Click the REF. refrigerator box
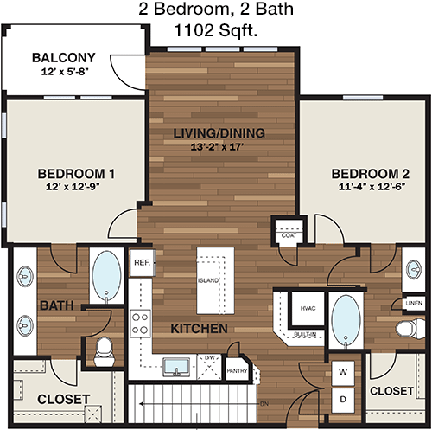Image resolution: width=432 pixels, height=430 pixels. click(x=143, y=262)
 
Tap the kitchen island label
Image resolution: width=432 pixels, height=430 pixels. click(x=208, y=280)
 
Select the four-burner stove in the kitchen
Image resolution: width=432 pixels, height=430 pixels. click(x=140, y=324)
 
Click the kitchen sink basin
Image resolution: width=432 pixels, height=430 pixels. click(x=176, y=367)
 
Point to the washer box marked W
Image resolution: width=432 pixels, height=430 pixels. click(x=343, y=373)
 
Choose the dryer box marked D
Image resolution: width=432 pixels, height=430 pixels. click(x=343, y=400)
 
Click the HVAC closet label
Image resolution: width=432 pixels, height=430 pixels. click(x=308, y=308)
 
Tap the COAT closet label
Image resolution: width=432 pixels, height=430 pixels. click(x=289, y=235)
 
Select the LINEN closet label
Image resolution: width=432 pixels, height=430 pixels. click(x=414, y=303)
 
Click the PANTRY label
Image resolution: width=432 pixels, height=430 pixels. click(x=237, y=371)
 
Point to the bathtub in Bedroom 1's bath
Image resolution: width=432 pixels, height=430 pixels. click(x=106, y=276)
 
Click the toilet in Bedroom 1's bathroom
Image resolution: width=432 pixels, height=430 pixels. click(x=104, y=352)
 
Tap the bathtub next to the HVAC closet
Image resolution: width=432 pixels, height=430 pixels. click(x=346, y=320)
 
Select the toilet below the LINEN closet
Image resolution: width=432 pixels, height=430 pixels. click(x=410, y=328)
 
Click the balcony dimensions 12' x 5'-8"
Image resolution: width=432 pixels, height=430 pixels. click(x=64, y=71)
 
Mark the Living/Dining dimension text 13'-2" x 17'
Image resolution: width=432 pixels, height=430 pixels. click(x=217, y=147)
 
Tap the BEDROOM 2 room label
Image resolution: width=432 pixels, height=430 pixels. click(x=370, y=174)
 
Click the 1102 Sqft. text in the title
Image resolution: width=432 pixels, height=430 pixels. click(x=216, y=30)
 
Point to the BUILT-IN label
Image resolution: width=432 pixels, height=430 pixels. click(x=305, y=335)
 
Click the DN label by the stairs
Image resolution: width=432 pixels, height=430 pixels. click(x=264, y=404)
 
